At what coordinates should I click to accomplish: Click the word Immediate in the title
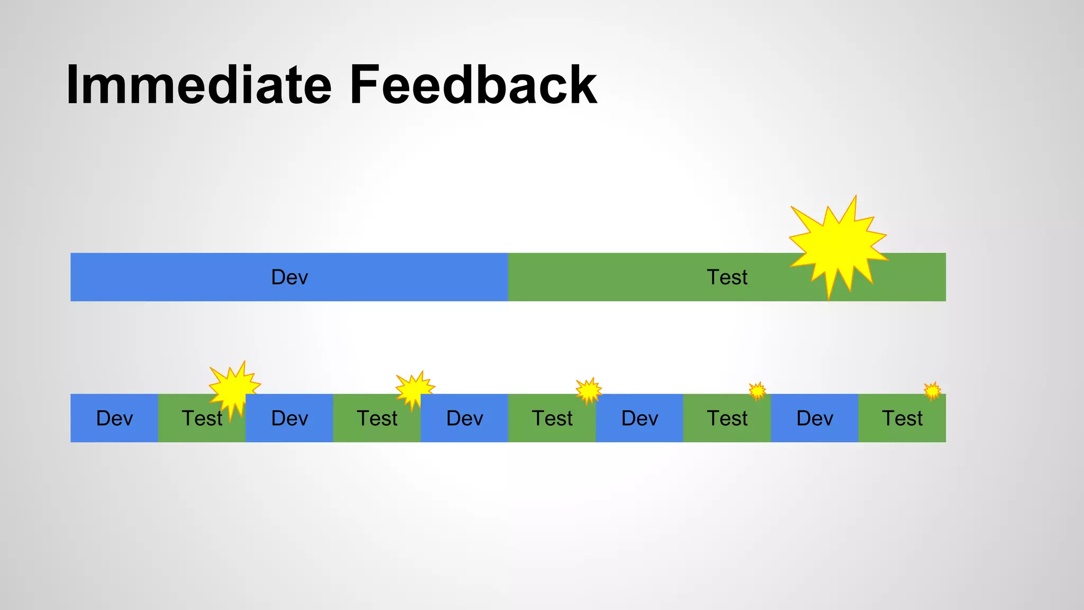(198, 85)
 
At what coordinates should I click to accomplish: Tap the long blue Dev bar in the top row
(289, 277)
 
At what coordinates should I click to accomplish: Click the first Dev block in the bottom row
(114, 418)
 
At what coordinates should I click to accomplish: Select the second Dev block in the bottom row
(289, 418)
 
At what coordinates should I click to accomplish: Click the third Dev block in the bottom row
(464, 418)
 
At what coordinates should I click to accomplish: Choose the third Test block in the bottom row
(552, 418)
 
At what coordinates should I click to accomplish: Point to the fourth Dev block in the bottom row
(639, 418)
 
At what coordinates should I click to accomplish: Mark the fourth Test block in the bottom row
(727, 418)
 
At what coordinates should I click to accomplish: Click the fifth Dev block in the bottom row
(815, 418)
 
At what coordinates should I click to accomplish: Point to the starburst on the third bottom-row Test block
(589, 391)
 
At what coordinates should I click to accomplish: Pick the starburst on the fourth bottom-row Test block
(757, 391)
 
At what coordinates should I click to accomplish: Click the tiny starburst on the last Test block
(932, 391)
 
